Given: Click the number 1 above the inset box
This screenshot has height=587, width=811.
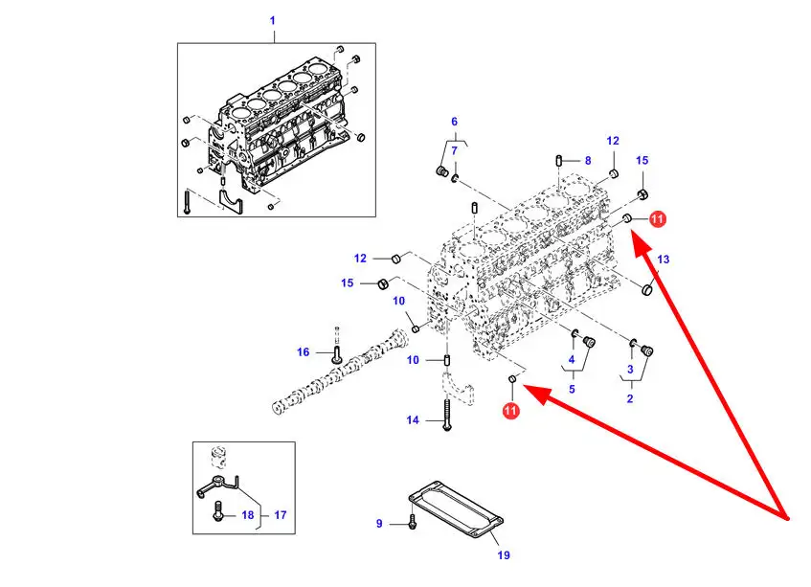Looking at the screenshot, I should point(272,20).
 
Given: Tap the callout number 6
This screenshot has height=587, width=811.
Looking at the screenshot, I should point(454,122).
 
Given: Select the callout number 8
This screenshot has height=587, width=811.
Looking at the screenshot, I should point(587,161).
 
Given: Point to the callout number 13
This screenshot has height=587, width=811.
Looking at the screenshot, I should point(664,260).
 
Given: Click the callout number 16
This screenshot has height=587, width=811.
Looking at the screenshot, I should point(303,352).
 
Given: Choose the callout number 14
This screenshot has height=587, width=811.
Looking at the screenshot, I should point(413,420).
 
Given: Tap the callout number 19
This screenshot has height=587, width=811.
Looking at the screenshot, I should point(504,555).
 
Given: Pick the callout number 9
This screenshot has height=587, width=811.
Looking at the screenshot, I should point(379,524).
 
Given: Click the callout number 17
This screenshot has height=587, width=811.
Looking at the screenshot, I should point(281,515).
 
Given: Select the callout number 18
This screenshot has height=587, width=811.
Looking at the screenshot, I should point(247,515).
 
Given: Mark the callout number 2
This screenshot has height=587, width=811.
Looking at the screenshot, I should point(629,399).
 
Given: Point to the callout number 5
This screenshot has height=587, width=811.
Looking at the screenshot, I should point(572,390).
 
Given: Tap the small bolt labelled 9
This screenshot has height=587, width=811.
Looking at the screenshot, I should point(412,523).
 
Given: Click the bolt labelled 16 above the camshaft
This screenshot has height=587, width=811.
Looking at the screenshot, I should point(336,351).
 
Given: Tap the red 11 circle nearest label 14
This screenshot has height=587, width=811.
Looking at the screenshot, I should point(510,411).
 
